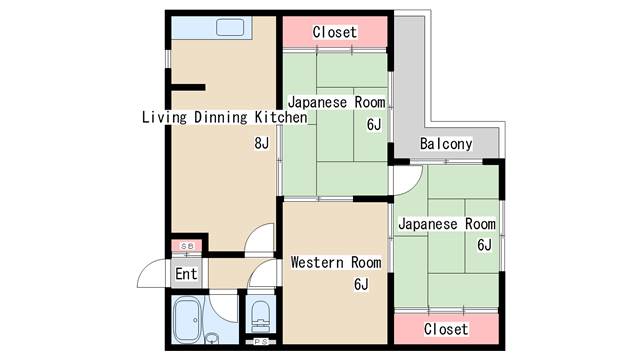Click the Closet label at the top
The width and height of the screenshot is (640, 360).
[x=334, y=32]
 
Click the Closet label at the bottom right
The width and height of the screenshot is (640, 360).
[x=445, y=328]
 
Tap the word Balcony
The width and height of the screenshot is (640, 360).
[x=445, y=144]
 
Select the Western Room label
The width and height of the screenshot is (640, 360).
[x=336, y=263]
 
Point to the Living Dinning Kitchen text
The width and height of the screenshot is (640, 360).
[x=223, y=118]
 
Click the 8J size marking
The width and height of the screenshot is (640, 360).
[x=261, y=143]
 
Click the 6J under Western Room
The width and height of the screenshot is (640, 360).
[x=361, y=285]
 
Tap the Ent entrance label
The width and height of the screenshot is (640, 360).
[x=186, y=274]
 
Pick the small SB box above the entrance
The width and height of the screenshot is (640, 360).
[x=186, y=246]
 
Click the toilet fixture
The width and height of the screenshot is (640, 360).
[x=260, y=317]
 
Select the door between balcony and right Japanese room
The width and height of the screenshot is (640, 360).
[x=404, y=180]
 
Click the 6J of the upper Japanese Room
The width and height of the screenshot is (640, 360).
[x=374, y=125]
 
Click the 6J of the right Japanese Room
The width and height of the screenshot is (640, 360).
[x=484, y=245]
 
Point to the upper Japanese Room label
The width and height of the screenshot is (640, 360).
[x=336, y=103]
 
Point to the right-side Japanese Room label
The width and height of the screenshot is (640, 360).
[x=446, y=224]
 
